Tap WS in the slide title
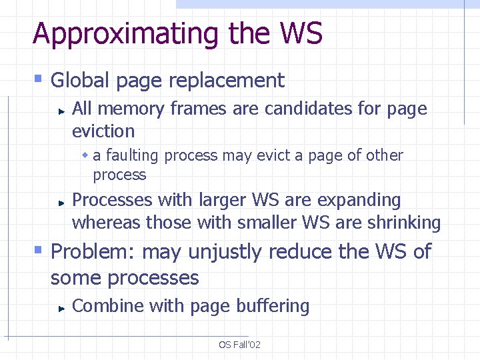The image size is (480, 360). coord(301,33)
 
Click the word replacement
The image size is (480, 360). coord(227,81)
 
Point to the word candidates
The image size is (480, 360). coord(309,108)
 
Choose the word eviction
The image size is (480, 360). coord(103,131)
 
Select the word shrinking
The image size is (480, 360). coord(403,222)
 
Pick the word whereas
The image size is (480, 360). coord(106,222)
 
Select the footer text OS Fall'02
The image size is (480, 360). coord(239,345)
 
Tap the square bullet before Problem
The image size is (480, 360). coord(39,251)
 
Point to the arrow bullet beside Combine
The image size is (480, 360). coord(61,307)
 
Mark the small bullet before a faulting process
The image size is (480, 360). coord(85,155)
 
